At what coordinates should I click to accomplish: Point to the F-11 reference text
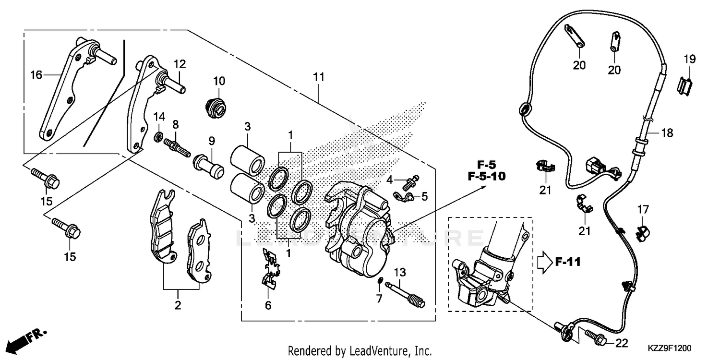[568, 262]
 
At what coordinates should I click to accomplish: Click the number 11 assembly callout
[319, 77]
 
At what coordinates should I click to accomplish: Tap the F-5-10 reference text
[486, 176]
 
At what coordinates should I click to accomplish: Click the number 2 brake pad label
[178, 305]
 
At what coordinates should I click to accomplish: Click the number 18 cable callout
[667, 133]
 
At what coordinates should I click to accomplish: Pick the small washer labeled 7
[380, 280]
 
